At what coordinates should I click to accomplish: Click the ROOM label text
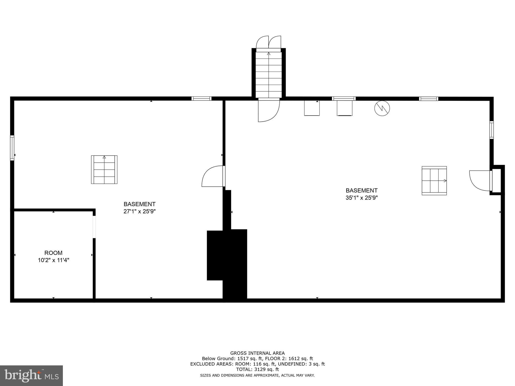tap(53, 253)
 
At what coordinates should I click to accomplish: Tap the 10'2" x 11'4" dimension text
tap(53, 260)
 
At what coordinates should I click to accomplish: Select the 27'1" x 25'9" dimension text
tap(140, 211)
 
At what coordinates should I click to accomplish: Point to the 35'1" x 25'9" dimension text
tap(362, 198)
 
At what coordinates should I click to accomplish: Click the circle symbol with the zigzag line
tap(382, 108)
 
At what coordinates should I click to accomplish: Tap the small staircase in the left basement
tap(104, 170)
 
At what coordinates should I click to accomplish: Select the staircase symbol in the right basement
tap(434, 180)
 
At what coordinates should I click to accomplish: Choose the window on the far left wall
tap(12, 148)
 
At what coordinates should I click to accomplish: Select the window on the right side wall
tap(491, 130)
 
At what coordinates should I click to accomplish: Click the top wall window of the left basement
tap(201, 99)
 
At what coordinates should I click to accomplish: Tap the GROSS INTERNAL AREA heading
tap(257, 353)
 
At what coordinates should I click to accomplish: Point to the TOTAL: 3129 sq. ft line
tap(257, 369)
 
